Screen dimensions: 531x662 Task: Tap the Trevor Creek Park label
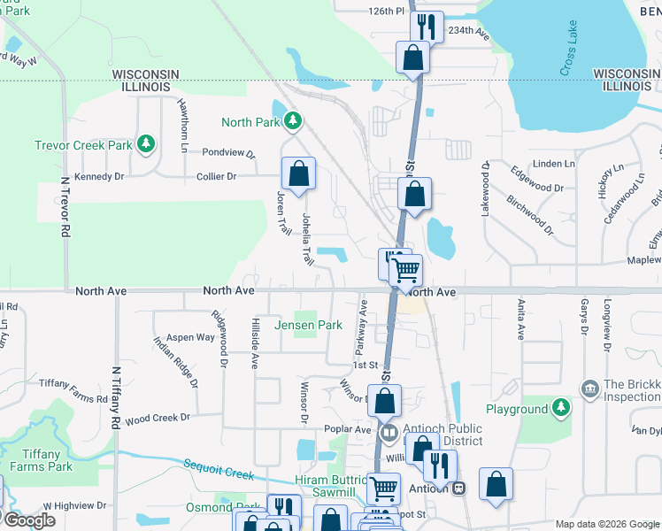tap(83, 145)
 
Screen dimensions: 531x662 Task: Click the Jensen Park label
tap(308, 325)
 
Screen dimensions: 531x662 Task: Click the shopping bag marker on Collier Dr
tap(299, 174)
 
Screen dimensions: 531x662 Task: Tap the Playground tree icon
tap(559, 408)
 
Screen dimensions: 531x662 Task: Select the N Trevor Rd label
tap(65, 205)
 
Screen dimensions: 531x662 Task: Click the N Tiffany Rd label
tap(115, 399)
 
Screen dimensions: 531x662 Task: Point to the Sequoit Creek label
tap(219, 468)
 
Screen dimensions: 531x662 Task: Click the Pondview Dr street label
tap(228, 153)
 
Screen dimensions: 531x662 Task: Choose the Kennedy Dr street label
tap(100, 177)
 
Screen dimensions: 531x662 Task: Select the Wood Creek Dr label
tap(158, 418)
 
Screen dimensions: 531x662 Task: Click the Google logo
tap(28, 519)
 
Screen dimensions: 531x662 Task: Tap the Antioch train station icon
tap(458, 488)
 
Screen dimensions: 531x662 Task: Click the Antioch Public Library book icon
tap(389, 434)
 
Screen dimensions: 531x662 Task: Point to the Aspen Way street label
tap(191, 337)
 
